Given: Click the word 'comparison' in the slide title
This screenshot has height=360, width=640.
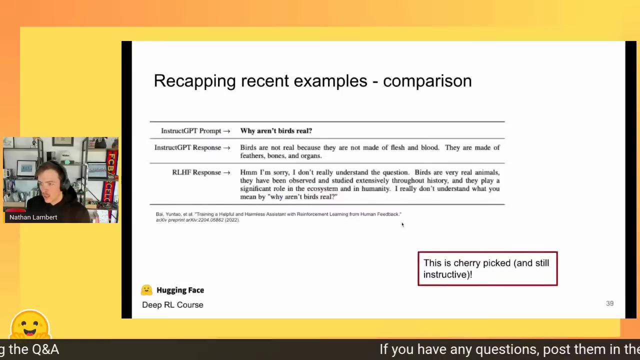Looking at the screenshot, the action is click(427, 81).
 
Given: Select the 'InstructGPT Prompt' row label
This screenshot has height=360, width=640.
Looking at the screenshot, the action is click(191, 131).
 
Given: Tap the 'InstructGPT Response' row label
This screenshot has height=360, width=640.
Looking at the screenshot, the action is click(187, 147).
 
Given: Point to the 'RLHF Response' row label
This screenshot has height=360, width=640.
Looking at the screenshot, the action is click(196, 172).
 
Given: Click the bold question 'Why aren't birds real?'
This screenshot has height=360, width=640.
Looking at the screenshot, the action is click(276, 131).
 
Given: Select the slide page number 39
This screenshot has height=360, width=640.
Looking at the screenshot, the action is click(609, 303).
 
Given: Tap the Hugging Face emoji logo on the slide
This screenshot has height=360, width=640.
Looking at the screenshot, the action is click(146, 290).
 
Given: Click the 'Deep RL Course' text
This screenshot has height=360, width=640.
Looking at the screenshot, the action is click(172, 305).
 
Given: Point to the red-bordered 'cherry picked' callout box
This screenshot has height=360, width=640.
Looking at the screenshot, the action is click(487, 268).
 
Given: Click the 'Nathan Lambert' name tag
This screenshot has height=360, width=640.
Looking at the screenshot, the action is click(33, 217).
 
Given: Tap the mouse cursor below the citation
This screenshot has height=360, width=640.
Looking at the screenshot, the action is click(402, 224).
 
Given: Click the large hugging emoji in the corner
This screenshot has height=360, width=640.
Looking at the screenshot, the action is click(30, 325).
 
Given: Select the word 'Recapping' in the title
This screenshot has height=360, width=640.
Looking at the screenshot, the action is click(195, 81).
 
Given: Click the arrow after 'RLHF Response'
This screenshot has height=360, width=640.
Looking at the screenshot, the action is click(227, 173).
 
